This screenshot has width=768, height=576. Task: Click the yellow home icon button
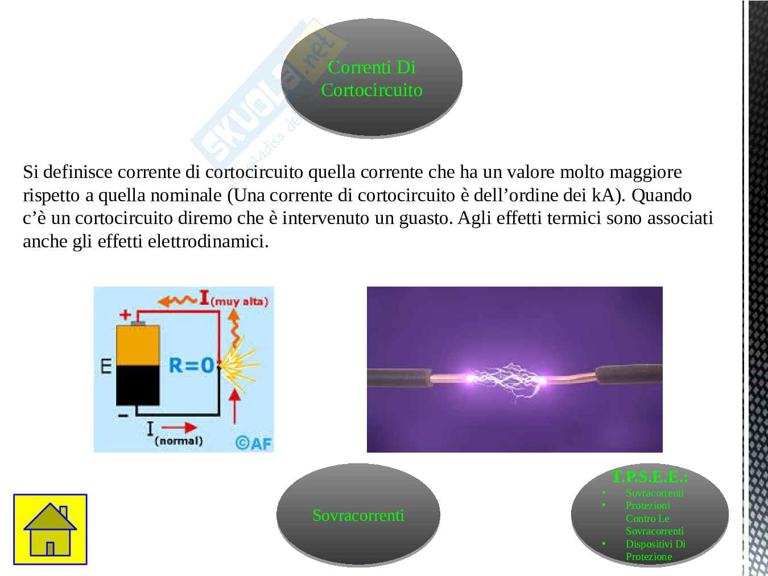coord(50,529)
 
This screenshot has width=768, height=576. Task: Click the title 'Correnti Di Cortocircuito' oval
coord(371,78)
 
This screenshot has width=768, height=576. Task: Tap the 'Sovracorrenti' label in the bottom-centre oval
coord(358,515)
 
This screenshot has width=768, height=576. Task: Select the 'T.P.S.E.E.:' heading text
coord(650,476)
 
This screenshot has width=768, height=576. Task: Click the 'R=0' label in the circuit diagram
coord(192,365)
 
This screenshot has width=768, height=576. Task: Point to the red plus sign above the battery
coord(125,314)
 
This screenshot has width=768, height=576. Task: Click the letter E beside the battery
coord(106,365)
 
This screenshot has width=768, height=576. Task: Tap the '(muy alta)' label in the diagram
coord(239,301)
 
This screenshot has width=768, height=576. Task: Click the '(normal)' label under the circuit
coord(179,441)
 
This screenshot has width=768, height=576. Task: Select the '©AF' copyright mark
coord(254,442)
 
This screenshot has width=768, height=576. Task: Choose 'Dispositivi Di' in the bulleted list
coord(655,544)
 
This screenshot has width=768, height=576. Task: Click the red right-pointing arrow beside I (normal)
coord(182,427)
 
